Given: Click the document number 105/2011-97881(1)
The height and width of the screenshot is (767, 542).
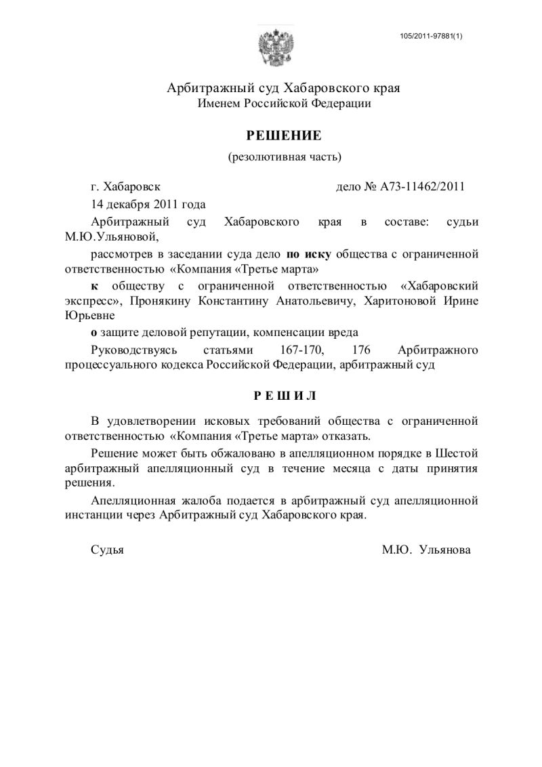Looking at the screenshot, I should tap(431, 35).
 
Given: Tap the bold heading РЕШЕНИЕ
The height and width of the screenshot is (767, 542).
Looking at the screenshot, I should tap(284, 136).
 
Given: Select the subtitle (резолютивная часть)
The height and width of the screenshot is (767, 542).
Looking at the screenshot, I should tap(284, 158).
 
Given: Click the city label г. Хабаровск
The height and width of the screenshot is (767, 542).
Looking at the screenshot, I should tap(126, 188).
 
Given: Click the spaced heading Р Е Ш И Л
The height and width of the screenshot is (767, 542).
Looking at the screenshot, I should tap(284, 395).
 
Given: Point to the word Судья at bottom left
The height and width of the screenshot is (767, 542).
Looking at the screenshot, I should tap(107, 550).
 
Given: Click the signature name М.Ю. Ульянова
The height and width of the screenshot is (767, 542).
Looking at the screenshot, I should tap(425, 550).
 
